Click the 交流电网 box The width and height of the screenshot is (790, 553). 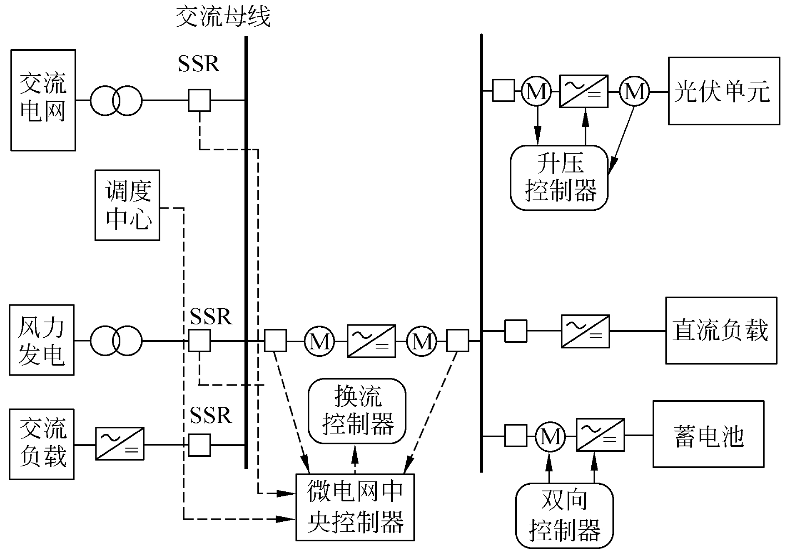[x=43, y=100]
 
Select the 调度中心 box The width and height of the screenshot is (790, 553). [x=127, y=205]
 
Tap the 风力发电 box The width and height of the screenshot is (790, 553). [x=42, y=340]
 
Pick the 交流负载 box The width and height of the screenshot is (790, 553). [x=42, y=444]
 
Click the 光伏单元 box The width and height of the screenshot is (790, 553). [x=724, y=91]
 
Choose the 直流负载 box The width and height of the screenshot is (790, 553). [x=721, y=331]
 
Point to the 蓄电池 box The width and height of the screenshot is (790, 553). [x=708, y=434]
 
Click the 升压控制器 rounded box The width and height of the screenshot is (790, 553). [x=559, y=178]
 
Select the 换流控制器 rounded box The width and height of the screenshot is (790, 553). [x=357, y=411]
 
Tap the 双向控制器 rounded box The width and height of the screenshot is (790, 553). [x=564, y=515]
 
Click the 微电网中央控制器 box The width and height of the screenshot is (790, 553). [x=355, y=507]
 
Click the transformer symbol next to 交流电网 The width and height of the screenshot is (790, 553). [x=116, y=100]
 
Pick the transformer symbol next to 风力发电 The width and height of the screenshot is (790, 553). [x=116, y=341]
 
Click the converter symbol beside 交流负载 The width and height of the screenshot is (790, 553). [x=120, y=443]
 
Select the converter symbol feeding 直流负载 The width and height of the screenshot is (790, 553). [x=585, y=331]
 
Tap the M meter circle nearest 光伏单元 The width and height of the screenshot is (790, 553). [x=634, y=91]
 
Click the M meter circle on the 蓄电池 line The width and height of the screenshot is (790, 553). [x=550, y=436]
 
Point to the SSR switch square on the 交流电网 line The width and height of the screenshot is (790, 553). [x=199, y=100]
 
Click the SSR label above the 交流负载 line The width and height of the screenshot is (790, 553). [x=211, y=415]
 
